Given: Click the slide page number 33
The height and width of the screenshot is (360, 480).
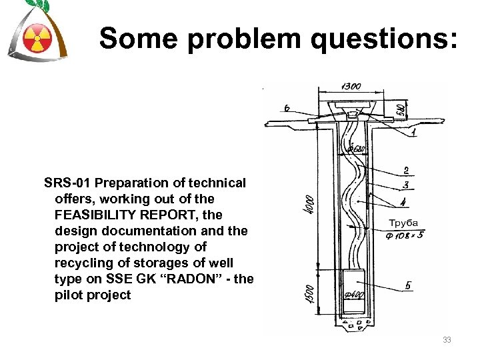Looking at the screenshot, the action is point(447,341).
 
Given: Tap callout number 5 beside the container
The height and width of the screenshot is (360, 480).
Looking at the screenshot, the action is point(408,286).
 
